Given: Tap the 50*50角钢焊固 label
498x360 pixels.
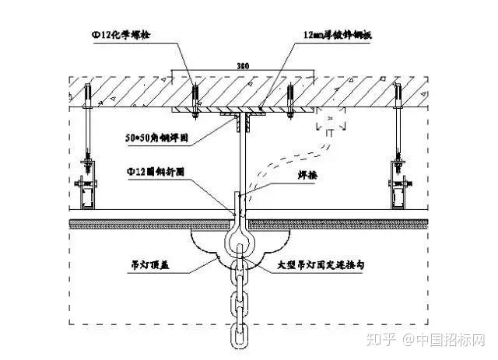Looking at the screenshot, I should point(159,138).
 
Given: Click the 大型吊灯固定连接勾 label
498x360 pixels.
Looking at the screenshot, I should point(328,265).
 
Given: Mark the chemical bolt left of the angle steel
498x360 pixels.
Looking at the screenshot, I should point(195,100).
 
